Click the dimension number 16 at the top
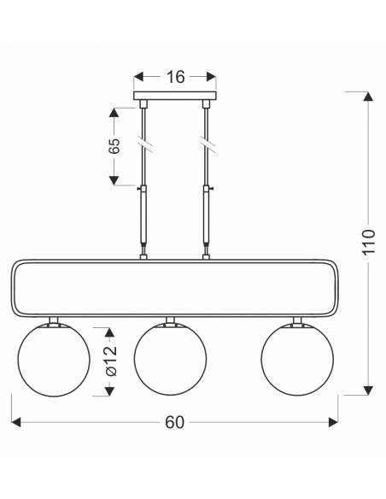176,77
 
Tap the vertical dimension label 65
114,146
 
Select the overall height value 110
369,242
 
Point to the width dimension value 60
174,422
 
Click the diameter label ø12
111,361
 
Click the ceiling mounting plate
175,96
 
